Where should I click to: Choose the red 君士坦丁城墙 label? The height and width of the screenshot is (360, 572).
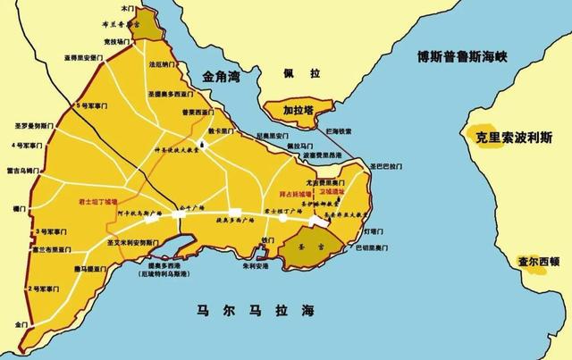(x=98, y=204)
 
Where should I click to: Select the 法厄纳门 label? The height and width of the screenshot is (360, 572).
(x=162, y=65)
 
